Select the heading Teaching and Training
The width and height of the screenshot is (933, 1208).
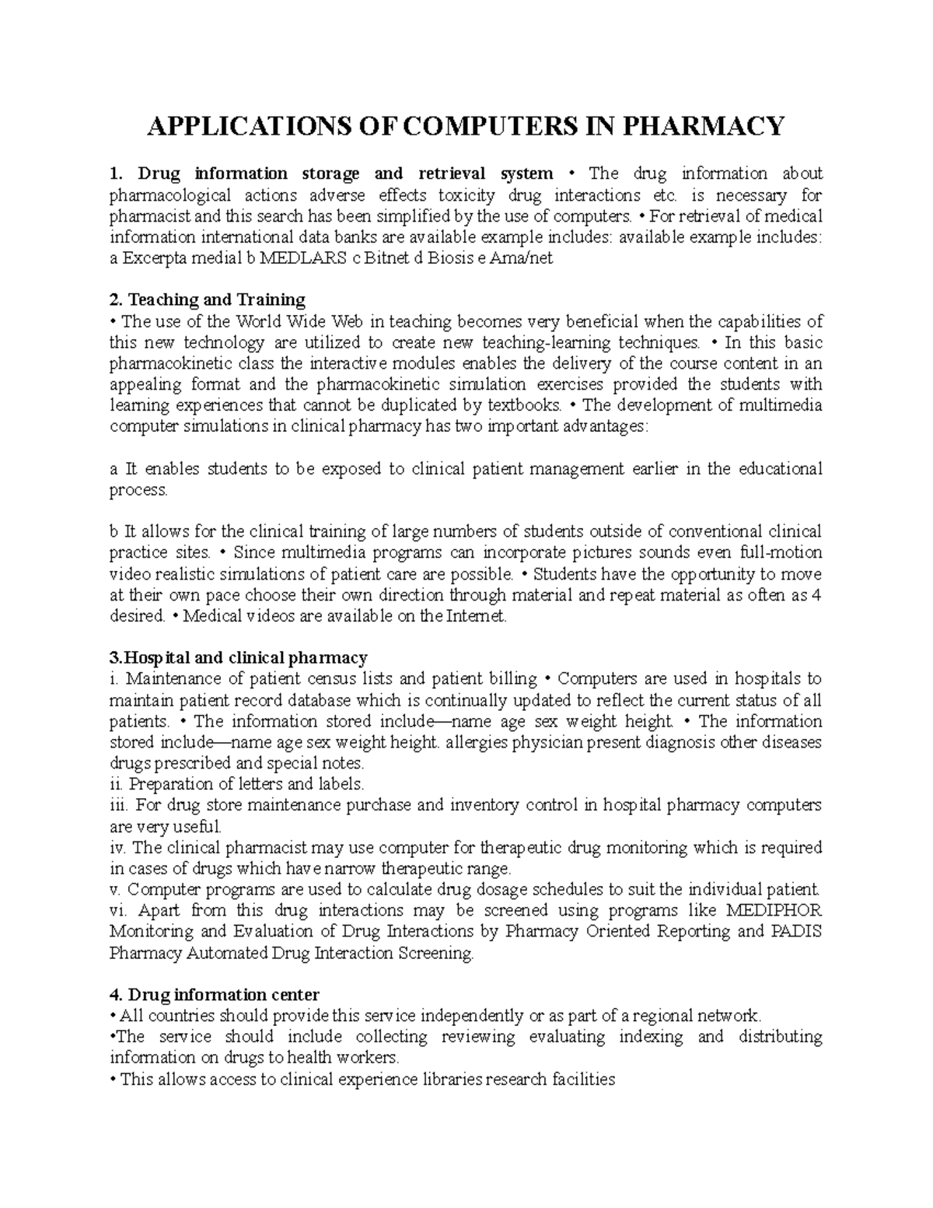pos(216,299)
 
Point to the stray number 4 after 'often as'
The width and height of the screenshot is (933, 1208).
pos(816,596)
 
